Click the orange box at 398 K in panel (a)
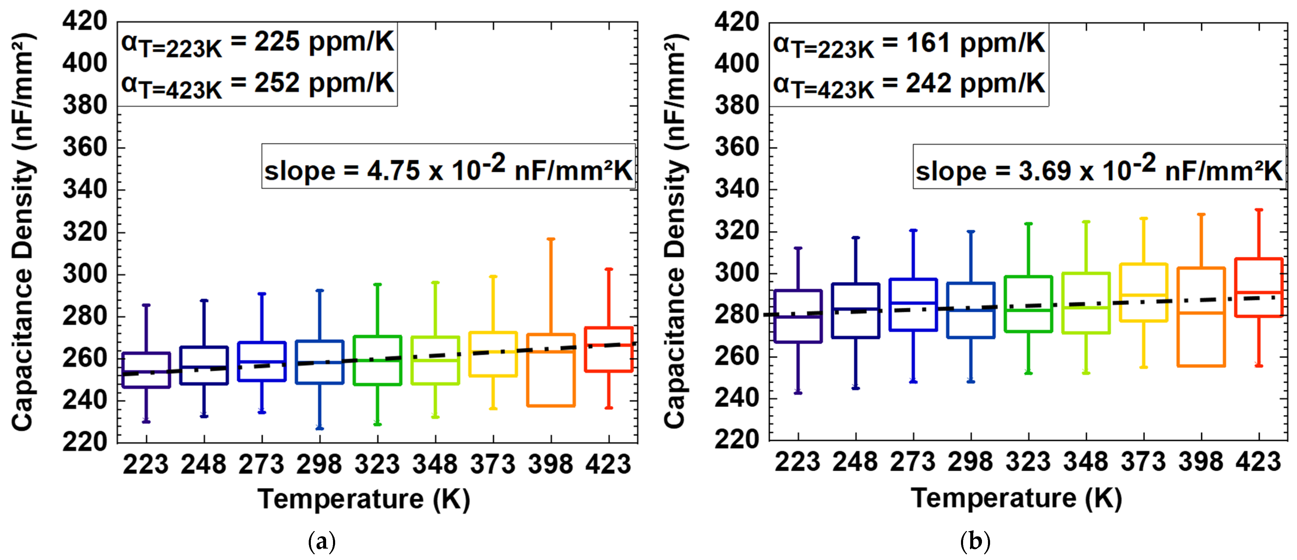[551, 370]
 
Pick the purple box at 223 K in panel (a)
[146, 370]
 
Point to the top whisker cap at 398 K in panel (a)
[551, 239]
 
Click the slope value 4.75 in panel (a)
[393, 171]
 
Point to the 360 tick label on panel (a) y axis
[85, 147]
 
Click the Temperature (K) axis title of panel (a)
[364, 499]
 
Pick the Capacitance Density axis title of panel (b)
[675, 231]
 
